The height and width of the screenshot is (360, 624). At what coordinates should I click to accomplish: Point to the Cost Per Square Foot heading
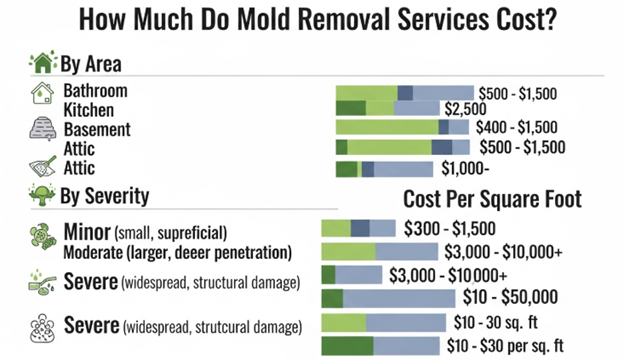[492, 199]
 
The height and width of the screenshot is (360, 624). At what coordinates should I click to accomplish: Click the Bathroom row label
[97, 91]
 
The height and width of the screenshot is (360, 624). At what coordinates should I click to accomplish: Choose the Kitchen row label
[89, 109]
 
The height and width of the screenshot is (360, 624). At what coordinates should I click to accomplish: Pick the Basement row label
[97, 129]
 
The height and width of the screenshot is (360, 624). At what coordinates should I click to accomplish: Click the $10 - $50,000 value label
[511, 298]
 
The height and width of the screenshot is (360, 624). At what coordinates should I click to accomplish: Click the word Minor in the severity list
[87, 230]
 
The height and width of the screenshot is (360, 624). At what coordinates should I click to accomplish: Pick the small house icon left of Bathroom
[42, 94]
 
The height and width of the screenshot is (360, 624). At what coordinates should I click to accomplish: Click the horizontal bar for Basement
[402, 128]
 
